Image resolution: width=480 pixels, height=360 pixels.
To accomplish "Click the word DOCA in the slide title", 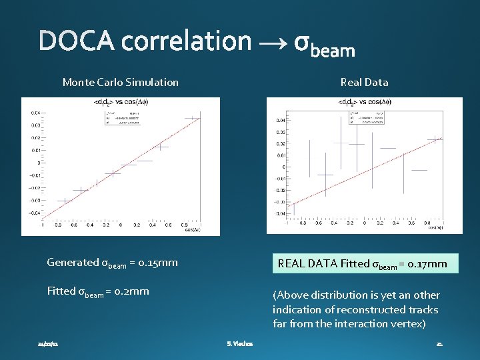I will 76,41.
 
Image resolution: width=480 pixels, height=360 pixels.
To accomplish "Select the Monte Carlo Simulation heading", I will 120,82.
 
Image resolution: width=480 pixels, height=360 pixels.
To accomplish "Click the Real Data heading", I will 364,82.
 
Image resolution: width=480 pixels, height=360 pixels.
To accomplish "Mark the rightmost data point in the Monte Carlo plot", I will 193,119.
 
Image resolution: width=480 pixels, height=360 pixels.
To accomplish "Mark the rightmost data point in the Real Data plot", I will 435,139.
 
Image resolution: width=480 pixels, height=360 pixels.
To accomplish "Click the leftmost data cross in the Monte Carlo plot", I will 64,201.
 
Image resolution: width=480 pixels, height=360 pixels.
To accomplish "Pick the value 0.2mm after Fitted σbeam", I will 131,291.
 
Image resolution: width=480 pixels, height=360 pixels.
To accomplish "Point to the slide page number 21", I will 439,344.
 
